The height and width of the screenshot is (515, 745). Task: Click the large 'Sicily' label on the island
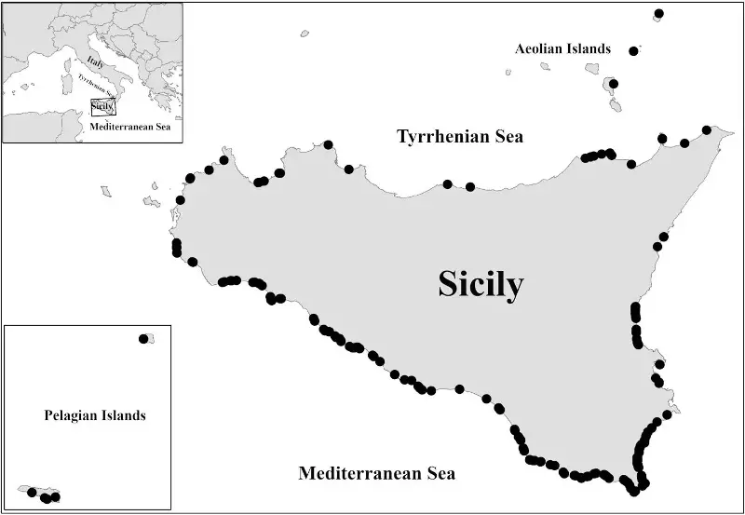click(481, 285)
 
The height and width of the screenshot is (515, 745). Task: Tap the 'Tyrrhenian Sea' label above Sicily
click(460, 137)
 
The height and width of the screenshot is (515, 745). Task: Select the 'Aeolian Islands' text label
click(562, 48)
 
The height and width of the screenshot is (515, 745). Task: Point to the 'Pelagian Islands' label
click(94, 415)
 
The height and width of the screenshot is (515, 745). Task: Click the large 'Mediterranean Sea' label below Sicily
click(376, 474)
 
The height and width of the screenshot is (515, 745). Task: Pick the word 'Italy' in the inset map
click(92, 61)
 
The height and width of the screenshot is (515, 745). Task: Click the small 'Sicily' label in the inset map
click(101, 107)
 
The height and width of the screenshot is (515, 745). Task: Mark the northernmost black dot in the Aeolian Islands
click(658, 14)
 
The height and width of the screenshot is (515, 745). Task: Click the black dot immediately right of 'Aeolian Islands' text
click(634, 51)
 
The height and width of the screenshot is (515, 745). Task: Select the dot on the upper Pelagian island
click(143, 339)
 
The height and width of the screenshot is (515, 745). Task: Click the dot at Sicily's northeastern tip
click(707, 130)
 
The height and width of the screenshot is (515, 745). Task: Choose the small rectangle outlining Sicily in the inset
click(102, 106)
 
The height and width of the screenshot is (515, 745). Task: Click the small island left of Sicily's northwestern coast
click(106, 192)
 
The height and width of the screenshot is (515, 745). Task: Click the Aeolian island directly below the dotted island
click(616, 103)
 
